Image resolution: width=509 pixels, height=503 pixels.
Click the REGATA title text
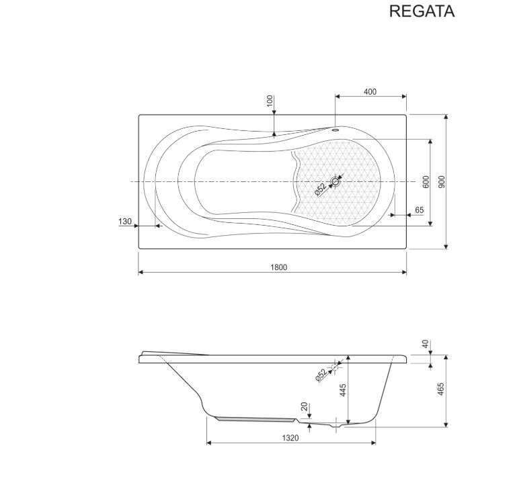(422, 11)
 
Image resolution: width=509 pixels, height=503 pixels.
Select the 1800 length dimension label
(279, 267)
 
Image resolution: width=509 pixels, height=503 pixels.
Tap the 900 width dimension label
(442, 181)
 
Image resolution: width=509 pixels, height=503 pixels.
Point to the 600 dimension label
(426, 181)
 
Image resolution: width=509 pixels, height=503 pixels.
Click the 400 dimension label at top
(370, 92)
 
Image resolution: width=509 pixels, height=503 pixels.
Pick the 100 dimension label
(270, 101)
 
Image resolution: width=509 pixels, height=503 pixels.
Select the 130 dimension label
(125, 222)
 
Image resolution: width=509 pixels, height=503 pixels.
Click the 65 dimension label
(420, 210)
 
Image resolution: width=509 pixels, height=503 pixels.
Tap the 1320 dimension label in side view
(290, 438)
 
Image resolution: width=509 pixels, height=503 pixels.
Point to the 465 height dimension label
(441, 389)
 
